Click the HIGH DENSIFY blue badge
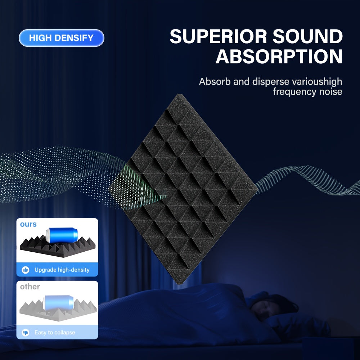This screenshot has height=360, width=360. tap(61, 38)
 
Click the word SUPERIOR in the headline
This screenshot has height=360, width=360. tap(219, 36)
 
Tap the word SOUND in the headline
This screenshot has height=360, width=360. tap(308, 36)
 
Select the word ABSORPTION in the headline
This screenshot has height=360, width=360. tap(279, 57)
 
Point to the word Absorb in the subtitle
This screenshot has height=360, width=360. tap(215, 81)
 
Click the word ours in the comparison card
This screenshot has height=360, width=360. tap(28, 224)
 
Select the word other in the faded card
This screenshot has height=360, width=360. tap(30, 287)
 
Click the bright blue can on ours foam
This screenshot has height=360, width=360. tap(62, 235)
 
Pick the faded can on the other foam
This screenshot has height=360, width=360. tap(59, 303)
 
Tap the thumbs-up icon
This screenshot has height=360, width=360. tap(26, 270)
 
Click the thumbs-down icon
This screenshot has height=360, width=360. tap(26, 332)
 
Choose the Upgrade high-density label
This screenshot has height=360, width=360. tap(62, 270)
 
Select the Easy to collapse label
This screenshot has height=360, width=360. tap(55, 332)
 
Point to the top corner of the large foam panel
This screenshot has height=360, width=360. tap(179, 94)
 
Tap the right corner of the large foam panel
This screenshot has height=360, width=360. tap(257, 189)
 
